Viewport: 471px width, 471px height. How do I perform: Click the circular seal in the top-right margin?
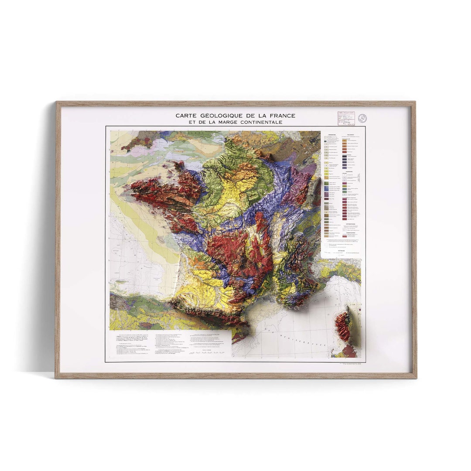pos(362,118)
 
